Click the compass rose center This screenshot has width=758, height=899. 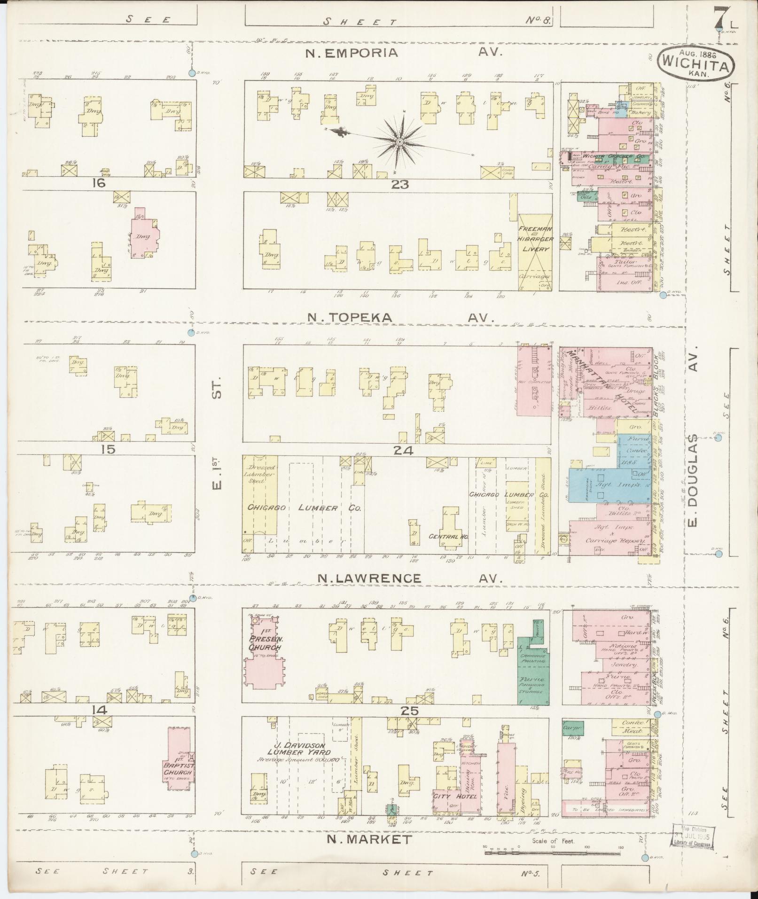(x=399, y=141)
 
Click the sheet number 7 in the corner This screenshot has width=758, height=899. (x=717, y=17)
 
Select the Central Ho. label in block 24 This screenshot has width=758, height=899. (x=445, y=536)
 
